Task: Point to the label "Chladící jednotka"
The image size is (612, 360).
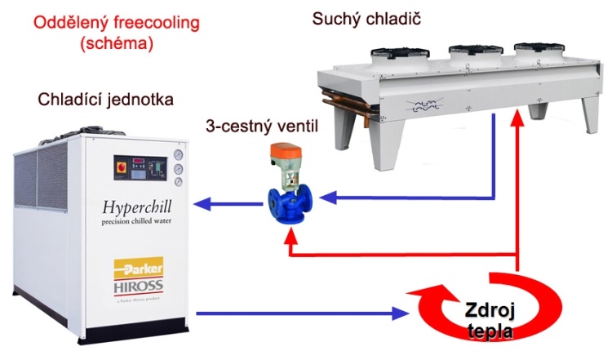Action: pyautogui.click(x=105, y=100)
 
